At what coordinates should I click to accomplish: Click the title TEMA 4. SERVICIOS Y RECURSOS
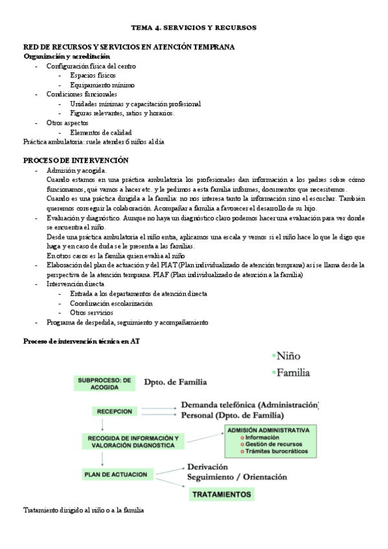[194, 28]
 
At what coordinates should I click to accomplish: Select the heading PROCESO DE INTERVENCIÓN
[76, 160]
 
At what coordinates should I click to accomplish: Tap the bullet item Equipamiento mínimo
[102, 85]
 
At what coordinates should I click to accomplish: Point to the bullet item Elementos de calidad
[104, 132]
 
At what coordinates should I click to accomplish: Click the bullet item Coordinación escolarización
[111, 303]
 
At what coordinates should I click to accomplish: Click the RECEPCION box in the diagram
[115, 411]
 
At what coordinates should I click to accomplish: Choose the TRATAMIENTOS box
[222, 495]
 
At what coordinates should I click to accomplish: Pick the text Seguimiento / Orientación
[236, 477]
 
